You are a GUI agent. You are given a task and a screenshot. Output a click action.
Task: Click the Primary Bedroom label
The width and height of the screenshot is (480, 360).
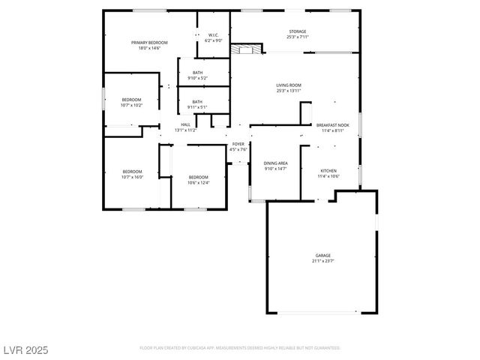click(x=149, y=43)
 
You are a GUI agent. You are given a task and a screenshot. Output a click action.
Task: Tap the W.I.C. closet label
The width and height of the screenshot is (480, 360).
click(x=213, y=34)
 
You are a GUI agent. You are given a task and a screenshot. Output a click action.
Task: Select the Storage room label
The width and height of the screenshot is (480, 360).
click(x=298, y=31)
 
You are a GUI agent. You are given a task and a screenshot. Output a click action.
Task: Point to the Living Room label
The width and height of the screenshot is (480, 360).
click(x=289, y=85)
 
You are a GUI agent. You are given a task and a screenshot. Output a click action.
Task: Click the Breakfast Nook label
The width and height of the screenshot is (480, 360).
click(x=331, y=125)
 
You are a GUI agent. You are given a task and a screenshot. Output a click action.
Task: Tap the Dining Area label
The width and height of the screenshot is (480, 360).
click(x=276, y=163)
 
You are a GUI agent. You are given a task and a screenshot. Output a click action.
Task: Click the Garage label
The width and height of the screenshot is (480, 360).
click(x=322, y=256)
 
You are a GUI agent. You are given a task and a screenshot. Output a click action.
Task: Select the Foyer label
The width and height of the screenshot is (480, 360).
click(x=238, y=144)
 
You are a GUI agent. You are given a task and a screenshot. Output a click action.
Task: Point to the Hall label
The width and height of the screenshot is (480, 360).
click(x=185, y=124)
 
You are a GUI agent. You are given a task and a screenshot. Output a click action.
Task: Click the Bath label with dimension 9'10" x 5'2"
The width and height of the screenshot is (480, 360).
click(x=197, y=73)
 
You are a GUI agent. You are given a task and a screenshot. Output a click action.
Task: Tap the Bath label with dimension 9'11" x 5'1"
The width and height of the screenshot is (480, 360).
click(x=197, y=102)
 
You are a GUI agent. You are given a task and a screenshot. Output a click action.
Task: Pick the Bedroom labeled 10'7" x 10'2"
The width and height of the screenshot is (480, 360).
click(x=132, y=100)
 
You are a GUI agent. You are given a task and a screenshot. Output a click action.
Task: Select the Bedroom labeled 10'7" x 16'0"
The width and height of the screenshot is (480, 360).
click(x=132, y=172)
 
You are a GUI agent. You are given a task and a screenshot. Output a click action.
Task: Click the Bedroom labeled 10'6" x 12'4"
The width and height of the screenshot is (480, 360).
click(x=198, y=177)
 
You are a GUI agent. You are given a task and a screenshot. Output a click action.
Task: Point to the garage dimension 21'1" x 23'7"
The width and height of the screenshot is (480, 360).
click(x=322, y=262)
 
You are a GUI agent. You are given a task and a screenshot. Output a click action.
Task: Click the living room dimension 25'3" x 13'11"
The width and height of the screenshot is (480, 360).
click(x=289, y=91)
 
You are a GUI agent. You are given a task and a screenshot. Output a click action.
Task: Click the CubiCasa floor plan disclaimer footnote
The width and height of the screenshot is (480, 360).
click(x=240, y=348)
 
